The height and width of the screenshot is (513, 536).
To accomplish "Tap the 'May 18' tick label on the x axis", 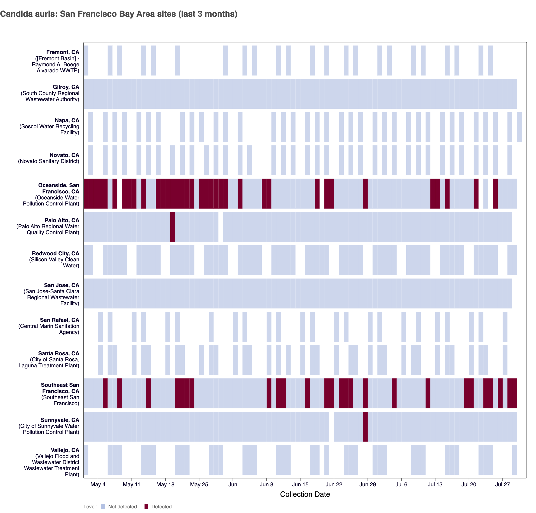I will (x=165, y=484).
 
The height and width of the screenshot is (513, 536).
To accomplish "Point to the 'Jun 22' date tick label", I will (x=334, y=484).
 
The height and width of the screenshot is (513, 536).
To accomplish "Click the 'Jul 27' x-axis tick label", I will (x=502, y=484).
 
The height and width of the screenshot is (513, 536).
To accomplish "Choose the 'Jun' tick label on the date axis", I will (x=233, y=484).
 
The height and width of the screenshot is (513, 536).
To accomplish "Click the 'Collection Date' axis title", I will (x=305, y=494).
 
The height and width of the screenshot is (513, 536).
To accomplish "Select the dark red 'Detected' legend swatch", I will (x=146, y=507).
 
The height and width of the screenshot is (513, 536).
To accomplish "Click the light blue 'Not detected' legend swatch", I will (x=103, y=507).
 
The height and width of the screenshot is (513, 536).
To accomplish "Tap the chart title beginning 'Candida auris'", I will (x=119, y=14).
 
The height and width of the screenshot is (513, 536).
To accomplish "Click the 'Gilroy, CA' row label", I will (x=66, y=87).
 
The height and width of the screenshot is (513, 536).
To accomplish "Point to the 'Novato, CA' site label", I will (x=64, y=155).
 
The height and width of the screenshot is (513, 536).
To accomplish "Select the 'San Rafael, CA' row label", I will (x=60, y=320).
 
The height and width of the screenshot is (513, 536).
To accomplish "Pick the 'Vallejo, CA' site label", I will (x=65, y=450).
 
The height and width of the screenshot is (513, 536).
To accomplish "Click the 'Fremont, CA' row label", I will (x=63, y=52).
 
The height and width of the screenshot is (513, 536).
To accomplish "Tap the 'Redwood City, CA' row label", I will (x=55, y=253).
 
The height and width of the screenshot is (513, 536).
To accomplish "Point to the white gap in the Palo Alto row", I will (x=221, y=227).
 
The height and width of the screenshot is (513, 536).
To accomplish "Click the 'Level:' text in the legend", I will (x=90, y=507).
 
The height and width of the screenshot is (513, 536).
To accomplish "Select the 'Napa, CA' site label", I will (x=67, y=120).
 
